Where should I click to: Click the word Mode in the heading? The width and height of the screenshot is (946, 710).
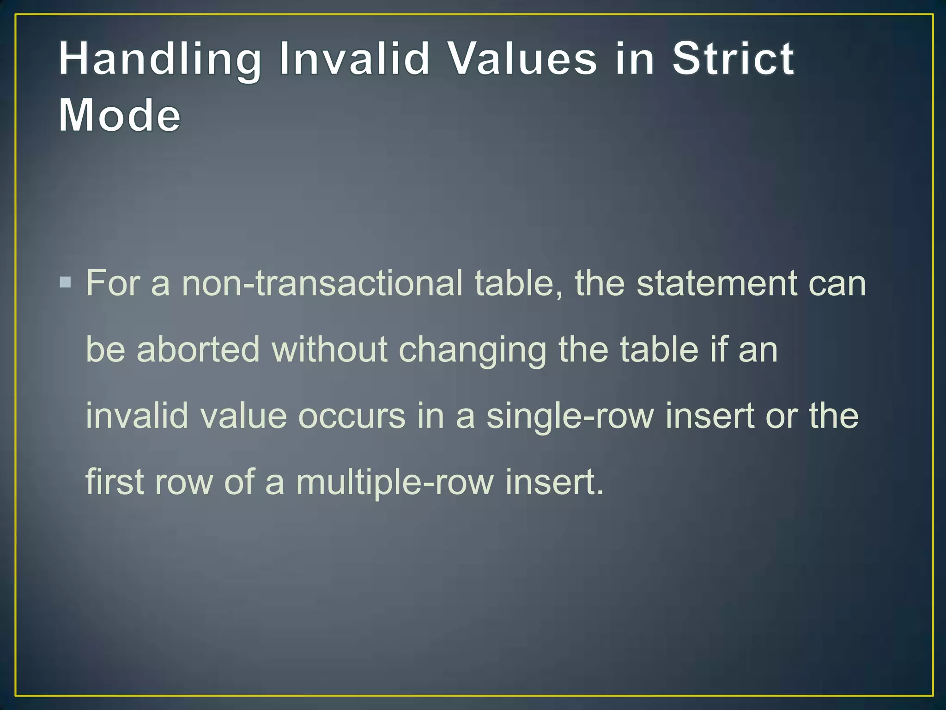pos(119,115)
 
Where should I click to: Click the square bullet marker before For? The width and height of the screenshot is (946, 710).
pos(66,282)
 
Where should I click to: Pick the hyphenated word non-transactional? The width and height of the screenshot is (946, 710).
pos(322,282)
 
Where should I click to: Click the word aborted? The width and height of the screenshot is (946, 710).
pos(198,349)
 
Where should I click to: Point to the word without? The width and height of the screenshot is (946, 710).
pos(330,349)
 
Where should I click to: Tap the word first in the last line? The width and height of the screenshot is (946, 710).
pos(115,482)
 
